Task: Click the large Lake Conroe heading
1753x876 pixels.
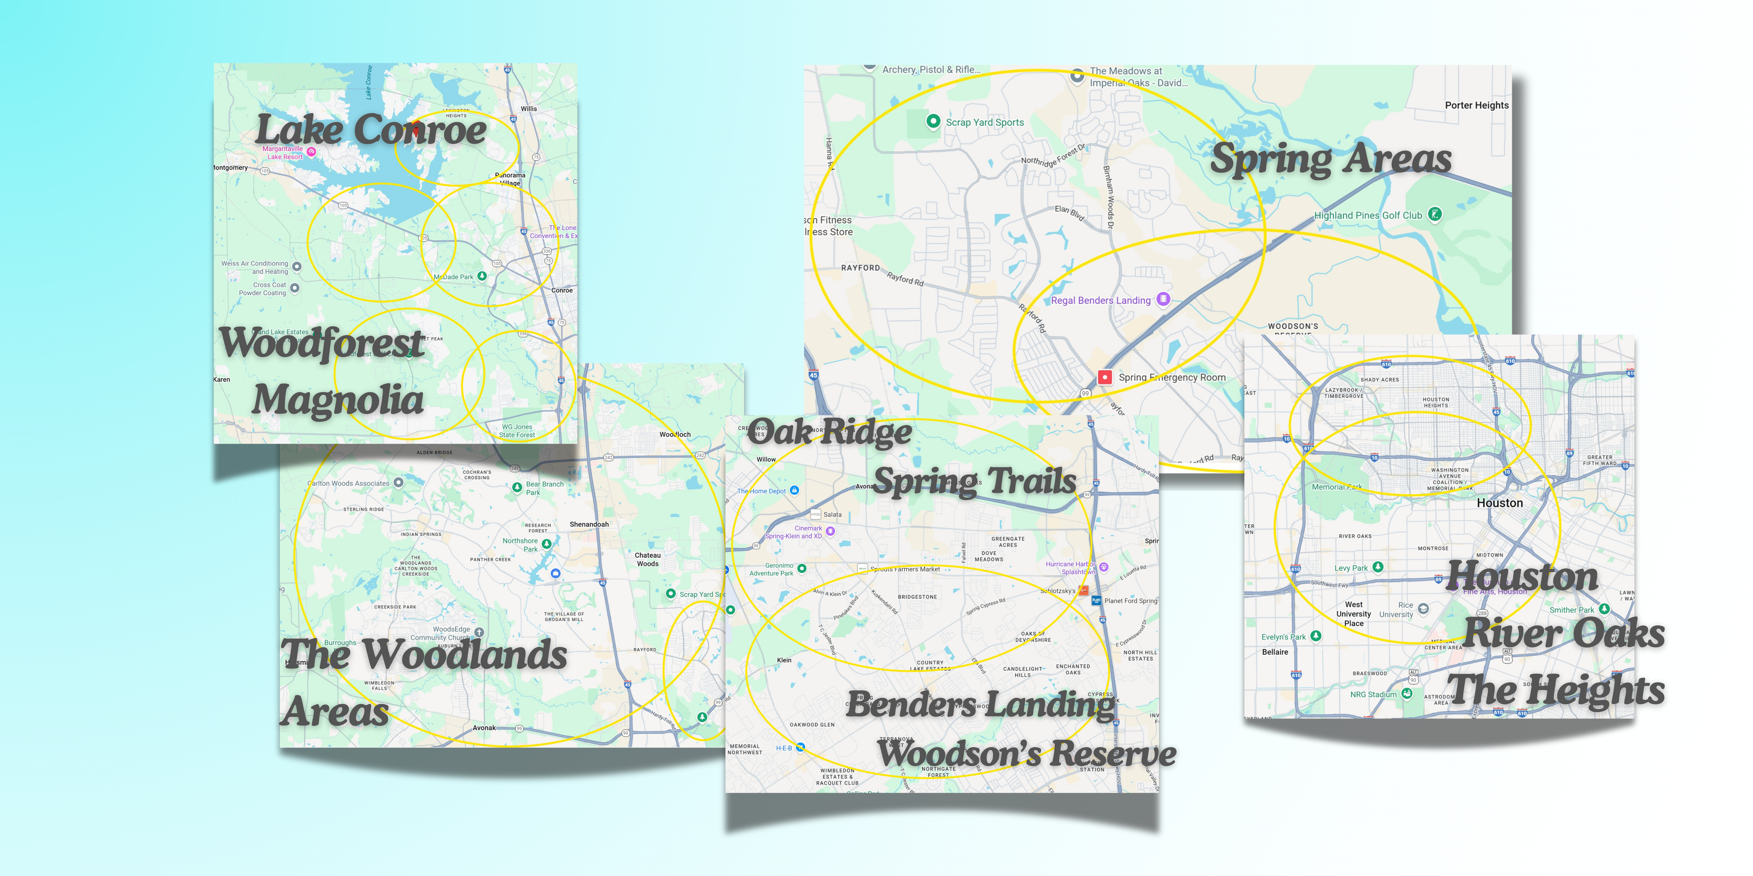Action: (371, 129)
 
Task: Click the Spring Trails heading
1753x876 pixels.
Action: (974, 481)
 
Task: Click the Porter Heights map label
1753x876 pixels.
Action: (1476, 105)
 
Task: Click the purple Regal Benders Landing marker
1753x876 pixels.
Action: (1163, 299)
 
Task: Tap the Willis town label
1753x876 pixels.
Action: (529, 109)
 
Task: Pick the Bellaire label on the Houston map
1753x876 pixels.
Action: (1275, 652)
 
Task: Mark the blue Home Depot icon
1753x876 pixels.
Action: (794, 490)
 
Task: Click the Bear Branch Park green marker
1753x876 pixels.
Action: (517, 487)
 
